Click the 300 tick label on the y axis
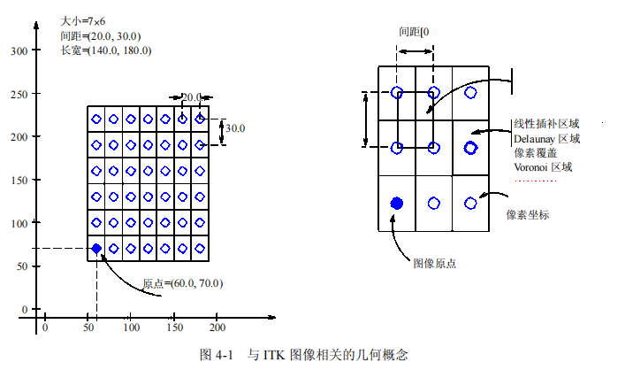(x=17, y=50)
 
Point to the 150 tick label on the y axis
(x=17, y=180)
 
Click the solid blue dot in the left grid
(x=96, y=248)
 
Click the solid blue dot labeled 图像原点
(x=397, y=203)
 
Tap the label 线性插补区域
(x=546, y=125)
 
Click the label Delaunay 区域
(x=546, y=139)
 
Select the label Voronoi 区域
(x=543, y=166)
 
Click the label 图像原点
(x=434, y=263)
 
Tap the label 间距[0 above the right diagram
(x=415, y=32)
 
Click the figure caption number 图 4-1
(x=217, y=354)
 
